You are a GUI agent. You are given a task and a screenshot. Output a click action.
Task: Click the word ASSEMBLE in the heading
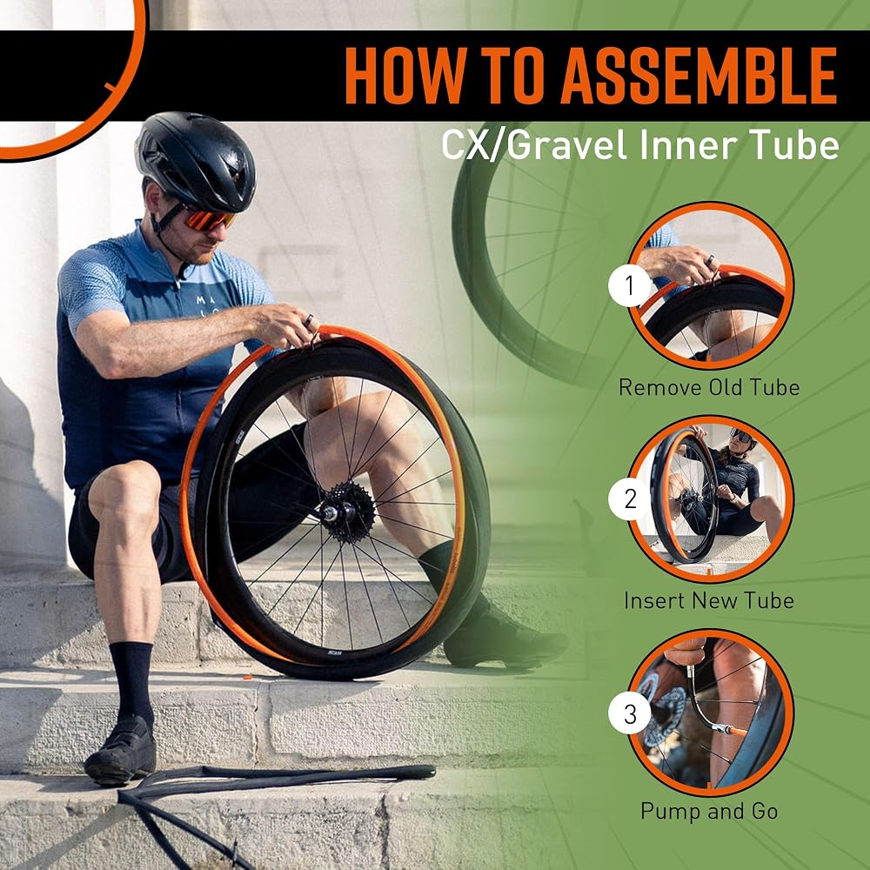pyautogui.click(x=699, y=76)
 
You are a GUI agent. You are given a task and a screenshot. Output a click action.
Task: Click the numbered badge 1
pyautogui.click(x=629, y=286)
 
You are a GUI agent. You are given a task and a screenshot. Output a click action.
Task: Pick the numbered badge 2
pyautogui.click(x=629, y=499)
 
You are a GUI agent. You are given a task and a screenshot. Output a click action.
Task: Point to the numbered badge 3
pyautogui.click(x=629, y=713)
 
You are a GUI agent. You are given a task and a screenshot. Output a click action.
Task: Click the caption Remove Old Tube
pyautogui.click(x=708, y=387)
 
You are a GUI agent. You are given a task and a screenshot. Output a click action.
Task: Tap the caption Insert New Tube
pyautogui.click(x=708, y=600)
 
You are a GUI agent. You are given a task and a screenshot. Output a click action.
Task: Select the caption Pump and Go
pyautogui.click(x=709, y=811)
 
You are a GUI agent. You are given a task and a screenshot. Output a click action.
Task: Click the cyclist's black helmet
pyautogui.click(x=195, y=161)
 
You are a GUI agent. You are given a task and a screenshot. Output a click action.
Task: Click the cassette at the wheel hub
pyautogui.click(x=349, y=512)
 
